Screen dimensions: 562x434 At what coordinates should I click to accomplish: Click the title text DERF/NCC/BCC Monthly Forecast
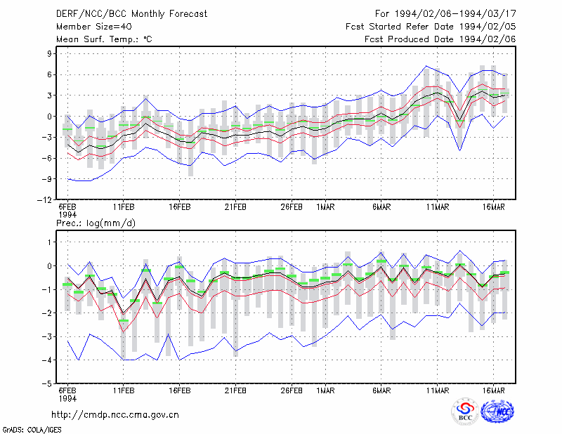131,14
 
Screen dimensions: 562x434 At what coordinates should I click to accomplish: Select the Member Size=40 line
94,27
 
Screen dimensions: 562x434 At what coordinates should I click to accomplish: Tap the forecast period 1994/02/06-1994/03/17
455,14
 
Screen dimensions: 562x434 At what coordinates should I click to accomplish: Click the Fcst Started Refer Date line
431,27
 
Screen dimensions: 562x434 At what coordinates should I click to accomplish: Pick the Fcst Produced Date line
440,39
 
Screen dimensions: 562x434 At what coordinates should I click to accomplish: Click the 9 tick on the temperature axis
49,54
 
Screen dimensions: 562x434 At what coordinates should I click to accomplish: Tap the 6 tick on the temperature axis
49,74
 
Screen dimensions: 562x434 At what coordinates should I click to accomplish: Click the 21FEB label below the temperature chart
235,207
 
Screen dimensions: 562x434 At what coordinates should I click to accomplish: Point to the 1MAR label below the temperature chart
325,207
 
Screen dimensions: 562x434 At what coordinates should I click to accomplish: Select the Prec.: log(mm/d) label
96,223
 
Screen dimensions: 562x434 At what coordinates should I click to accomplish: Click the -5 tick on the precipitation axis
46,383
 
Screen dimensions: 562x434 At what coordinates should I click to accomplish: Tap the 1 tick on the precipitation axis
49,242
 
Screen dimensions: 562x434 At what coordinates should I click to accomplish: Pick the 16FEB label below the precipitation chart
180,390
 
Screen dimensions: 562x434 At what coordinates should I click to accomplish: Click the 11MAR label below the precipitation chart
437,390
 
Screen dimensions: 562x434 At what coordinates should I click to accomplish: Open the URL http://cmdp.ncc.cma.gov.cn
115,415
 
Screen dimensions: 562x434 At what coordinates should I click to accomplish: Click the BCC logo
465,411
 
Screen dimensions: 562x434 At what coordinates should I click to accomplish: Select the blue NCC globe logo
497,411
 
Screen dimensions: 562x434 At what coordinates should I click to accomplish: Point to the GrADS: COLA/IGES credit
32,430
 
